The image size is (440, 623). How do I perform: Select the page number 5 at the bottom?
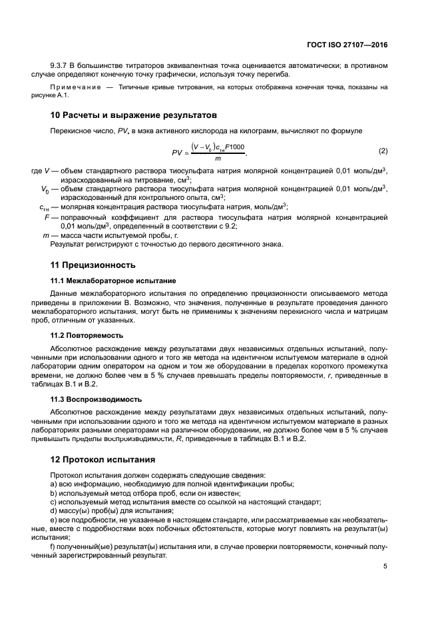click(385, 566)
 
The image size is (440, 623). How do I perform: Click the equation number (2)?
click(383, 151)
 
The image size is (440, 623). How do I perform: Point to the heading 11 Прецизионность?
click(93, 265)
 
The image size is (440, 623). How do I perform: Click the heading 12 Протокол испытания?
click(103, 459)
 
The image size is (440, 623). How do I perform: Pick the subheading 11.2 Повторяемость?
click(87, 335)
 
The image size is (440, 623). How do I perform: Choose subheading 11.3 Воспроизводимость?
click(96, 399)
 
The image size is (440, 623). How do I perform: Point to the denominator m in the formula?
click(217, 159)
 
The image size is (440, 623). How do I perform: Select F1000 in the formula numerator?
click(235, 147)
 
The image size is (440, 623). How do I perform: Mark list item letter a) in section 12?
click(54, 483)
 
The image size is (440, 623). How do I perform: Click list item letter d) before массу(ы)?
click(54, 510)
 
